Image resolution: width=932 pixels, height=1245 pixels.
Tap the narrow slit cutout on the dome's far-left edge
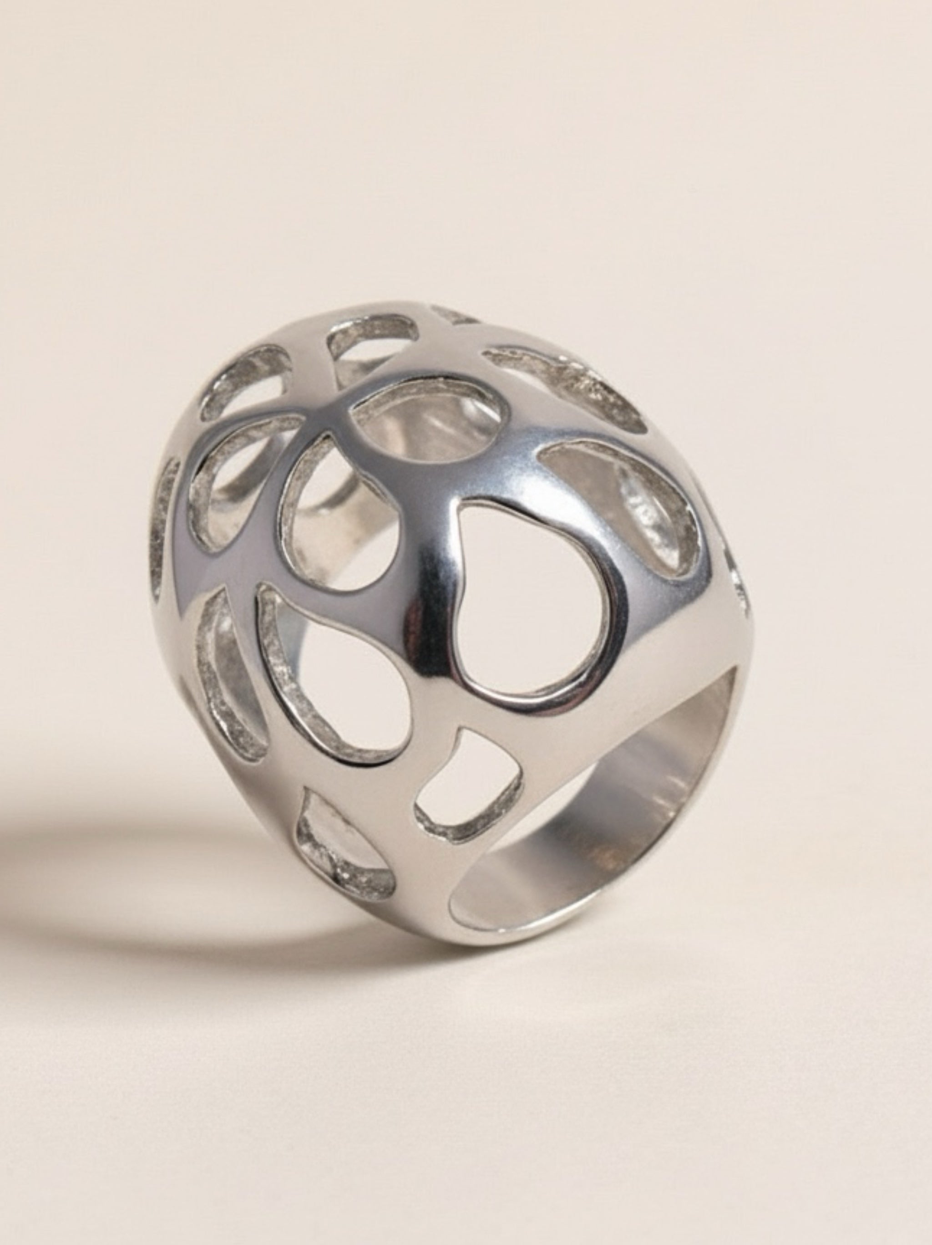click(x=167, y=518)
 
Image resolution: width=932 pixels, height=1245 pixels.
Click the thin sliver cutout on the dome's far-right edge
click(x=737, y=591)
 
